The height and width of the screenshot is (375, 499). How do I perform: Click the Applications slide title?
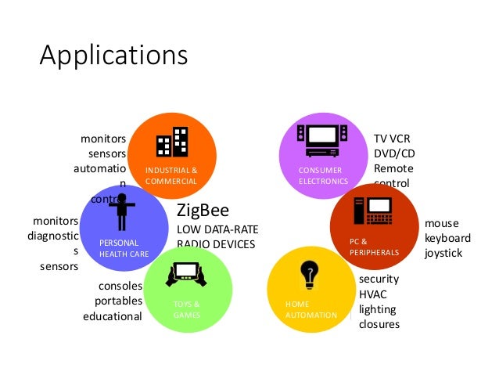tap(113, 56)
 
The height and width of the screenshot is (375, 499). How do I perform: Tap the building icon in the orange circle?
tap(172, 142)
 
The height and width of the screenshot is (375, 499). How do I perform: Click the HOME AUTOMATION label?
tap(310, 309)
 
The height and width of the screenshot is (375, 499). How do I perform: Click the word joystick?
tap(443, 253)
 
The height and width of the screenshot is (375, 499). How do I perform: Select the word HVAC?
tap(374, 294)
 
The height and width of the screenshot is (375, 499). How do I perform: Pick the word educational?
tap(113, 317)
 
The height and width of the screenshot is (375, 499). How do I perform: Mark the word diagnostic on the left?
tap(52, 236)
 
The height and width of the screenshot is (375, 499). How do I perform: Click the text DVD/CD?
tap(393, 153)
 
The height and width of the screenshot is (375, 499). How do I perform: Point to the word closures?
tap(379, 324)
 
